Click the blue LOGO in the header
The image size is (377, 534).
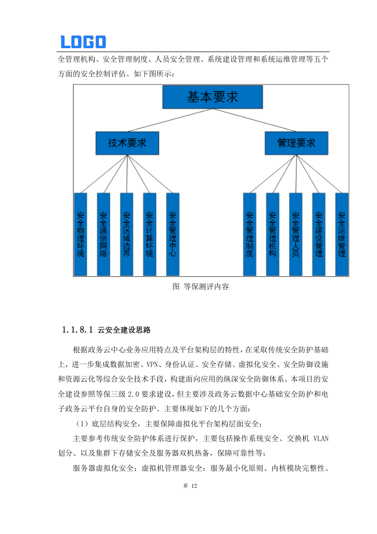click(x=83, y=42)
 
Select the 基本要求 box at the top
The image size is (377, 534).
click(x=213, y=97)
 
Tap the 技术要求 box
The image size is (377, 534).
click(x=127, y=143)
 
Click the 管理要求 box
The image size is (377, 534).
click(x=296, y=143)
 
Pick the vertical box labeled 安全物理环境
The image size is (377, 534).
click(x=81, y=234)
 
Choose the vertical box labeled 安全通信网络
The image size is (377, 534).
click(x=104, y=234)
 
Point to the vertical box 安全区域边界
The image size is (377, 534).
click(x=127, y=234)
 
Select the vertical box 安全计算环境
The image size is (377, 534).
click(x=150, y=234)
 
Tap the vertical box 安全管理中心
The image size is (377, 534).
click(x=173, y=234)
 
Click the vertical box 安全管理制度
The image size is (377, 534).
click(x=250, y=234)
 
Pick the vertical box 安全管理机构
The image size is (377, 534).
click(x=273, y=234)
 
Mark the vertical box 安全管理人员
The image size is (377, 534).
click(x=296, y=234)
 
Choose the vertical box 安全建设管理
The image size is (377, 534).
click(x=319, y=234)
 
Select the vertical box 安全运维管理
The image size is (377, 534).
click(x=342, y=234)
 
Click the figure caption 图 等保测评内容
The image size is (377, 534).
click(x=201, y=286)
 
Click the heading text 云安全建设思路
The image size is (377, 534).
click(x=124, y=330)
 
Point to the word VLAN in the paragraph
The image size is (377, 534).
click(x=321, y=438)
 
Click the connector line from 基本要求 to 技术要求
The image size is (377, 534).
click(x=170, y=120)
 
